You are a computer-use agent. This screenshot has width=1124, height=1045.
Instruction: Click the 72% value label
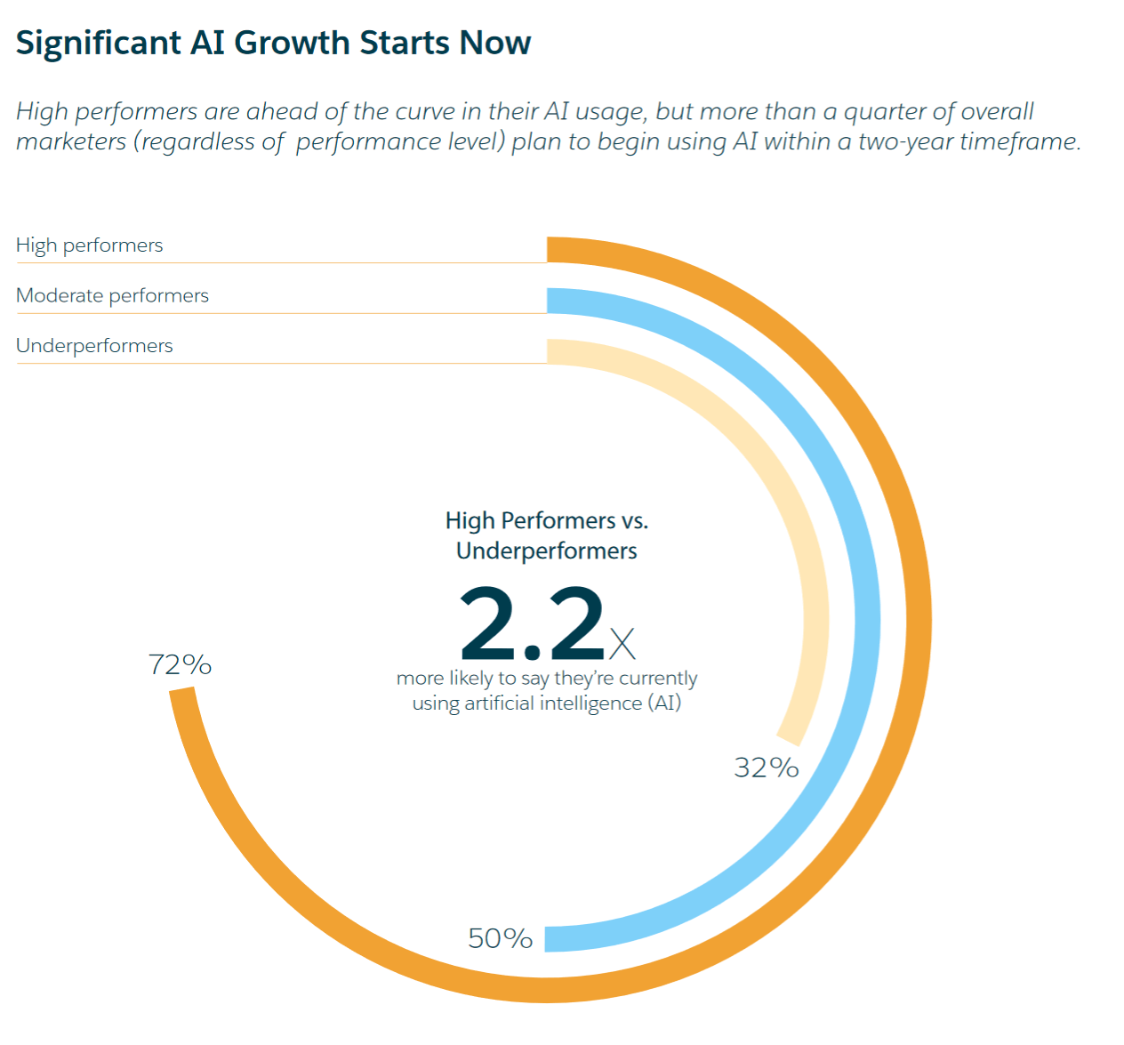pyautogui.click(x=180, y=664)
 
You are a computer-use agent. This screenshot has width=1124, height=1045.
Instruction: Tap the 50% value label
pyautogui.click(x=501, y=938)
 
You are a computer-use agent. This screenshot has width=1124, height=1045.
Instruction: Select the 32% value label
pyautogui.click(x=767, y=768)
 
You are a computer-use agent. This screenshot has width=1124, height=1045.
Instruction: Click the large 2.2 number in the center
pyautogui.click(x=532, y=623)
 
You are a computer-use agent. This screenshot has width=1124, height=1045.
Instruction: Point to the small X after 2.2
pyautogui.click(x=622, y=644)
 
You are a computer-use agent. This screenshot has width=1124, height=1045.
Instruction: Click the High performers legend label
pyautogui.click(x=90, y=245)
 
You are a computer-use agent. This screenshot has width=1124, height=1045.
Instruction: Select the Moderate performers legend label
pyautogui.click(x=113, y=295)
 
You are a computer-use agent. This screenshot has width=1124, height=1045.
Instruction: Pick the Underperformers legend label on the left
pyautogui.click(x=94, y=346)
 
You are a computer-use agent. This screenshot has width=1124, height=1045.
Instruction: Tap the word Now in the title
pyautogui.click(x=495, y=43)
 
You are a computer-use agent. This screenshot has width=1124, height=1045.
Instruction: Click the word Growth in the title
pyautogui.click(x=293, y=43)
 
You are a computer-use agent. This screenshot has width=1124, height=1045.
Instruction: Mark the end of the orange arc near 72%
pyautogui.click(x=181, y=689)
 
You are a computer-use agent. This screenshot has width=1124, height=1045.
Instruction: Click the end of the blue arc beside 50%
pyautogui.click(x=546, y=940)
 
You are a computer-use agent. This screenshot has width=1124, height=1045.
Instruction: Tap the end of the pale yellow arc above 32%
pyautogui.click(x=789, y=741)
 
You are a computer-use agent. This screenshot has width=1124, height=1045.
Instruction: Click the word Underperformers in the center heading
pyautogui.click(x=547, y=551)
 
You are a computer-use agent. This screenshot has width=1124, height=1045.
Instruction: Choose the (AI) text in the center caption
pyautogui.click(x=664, y=703)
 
